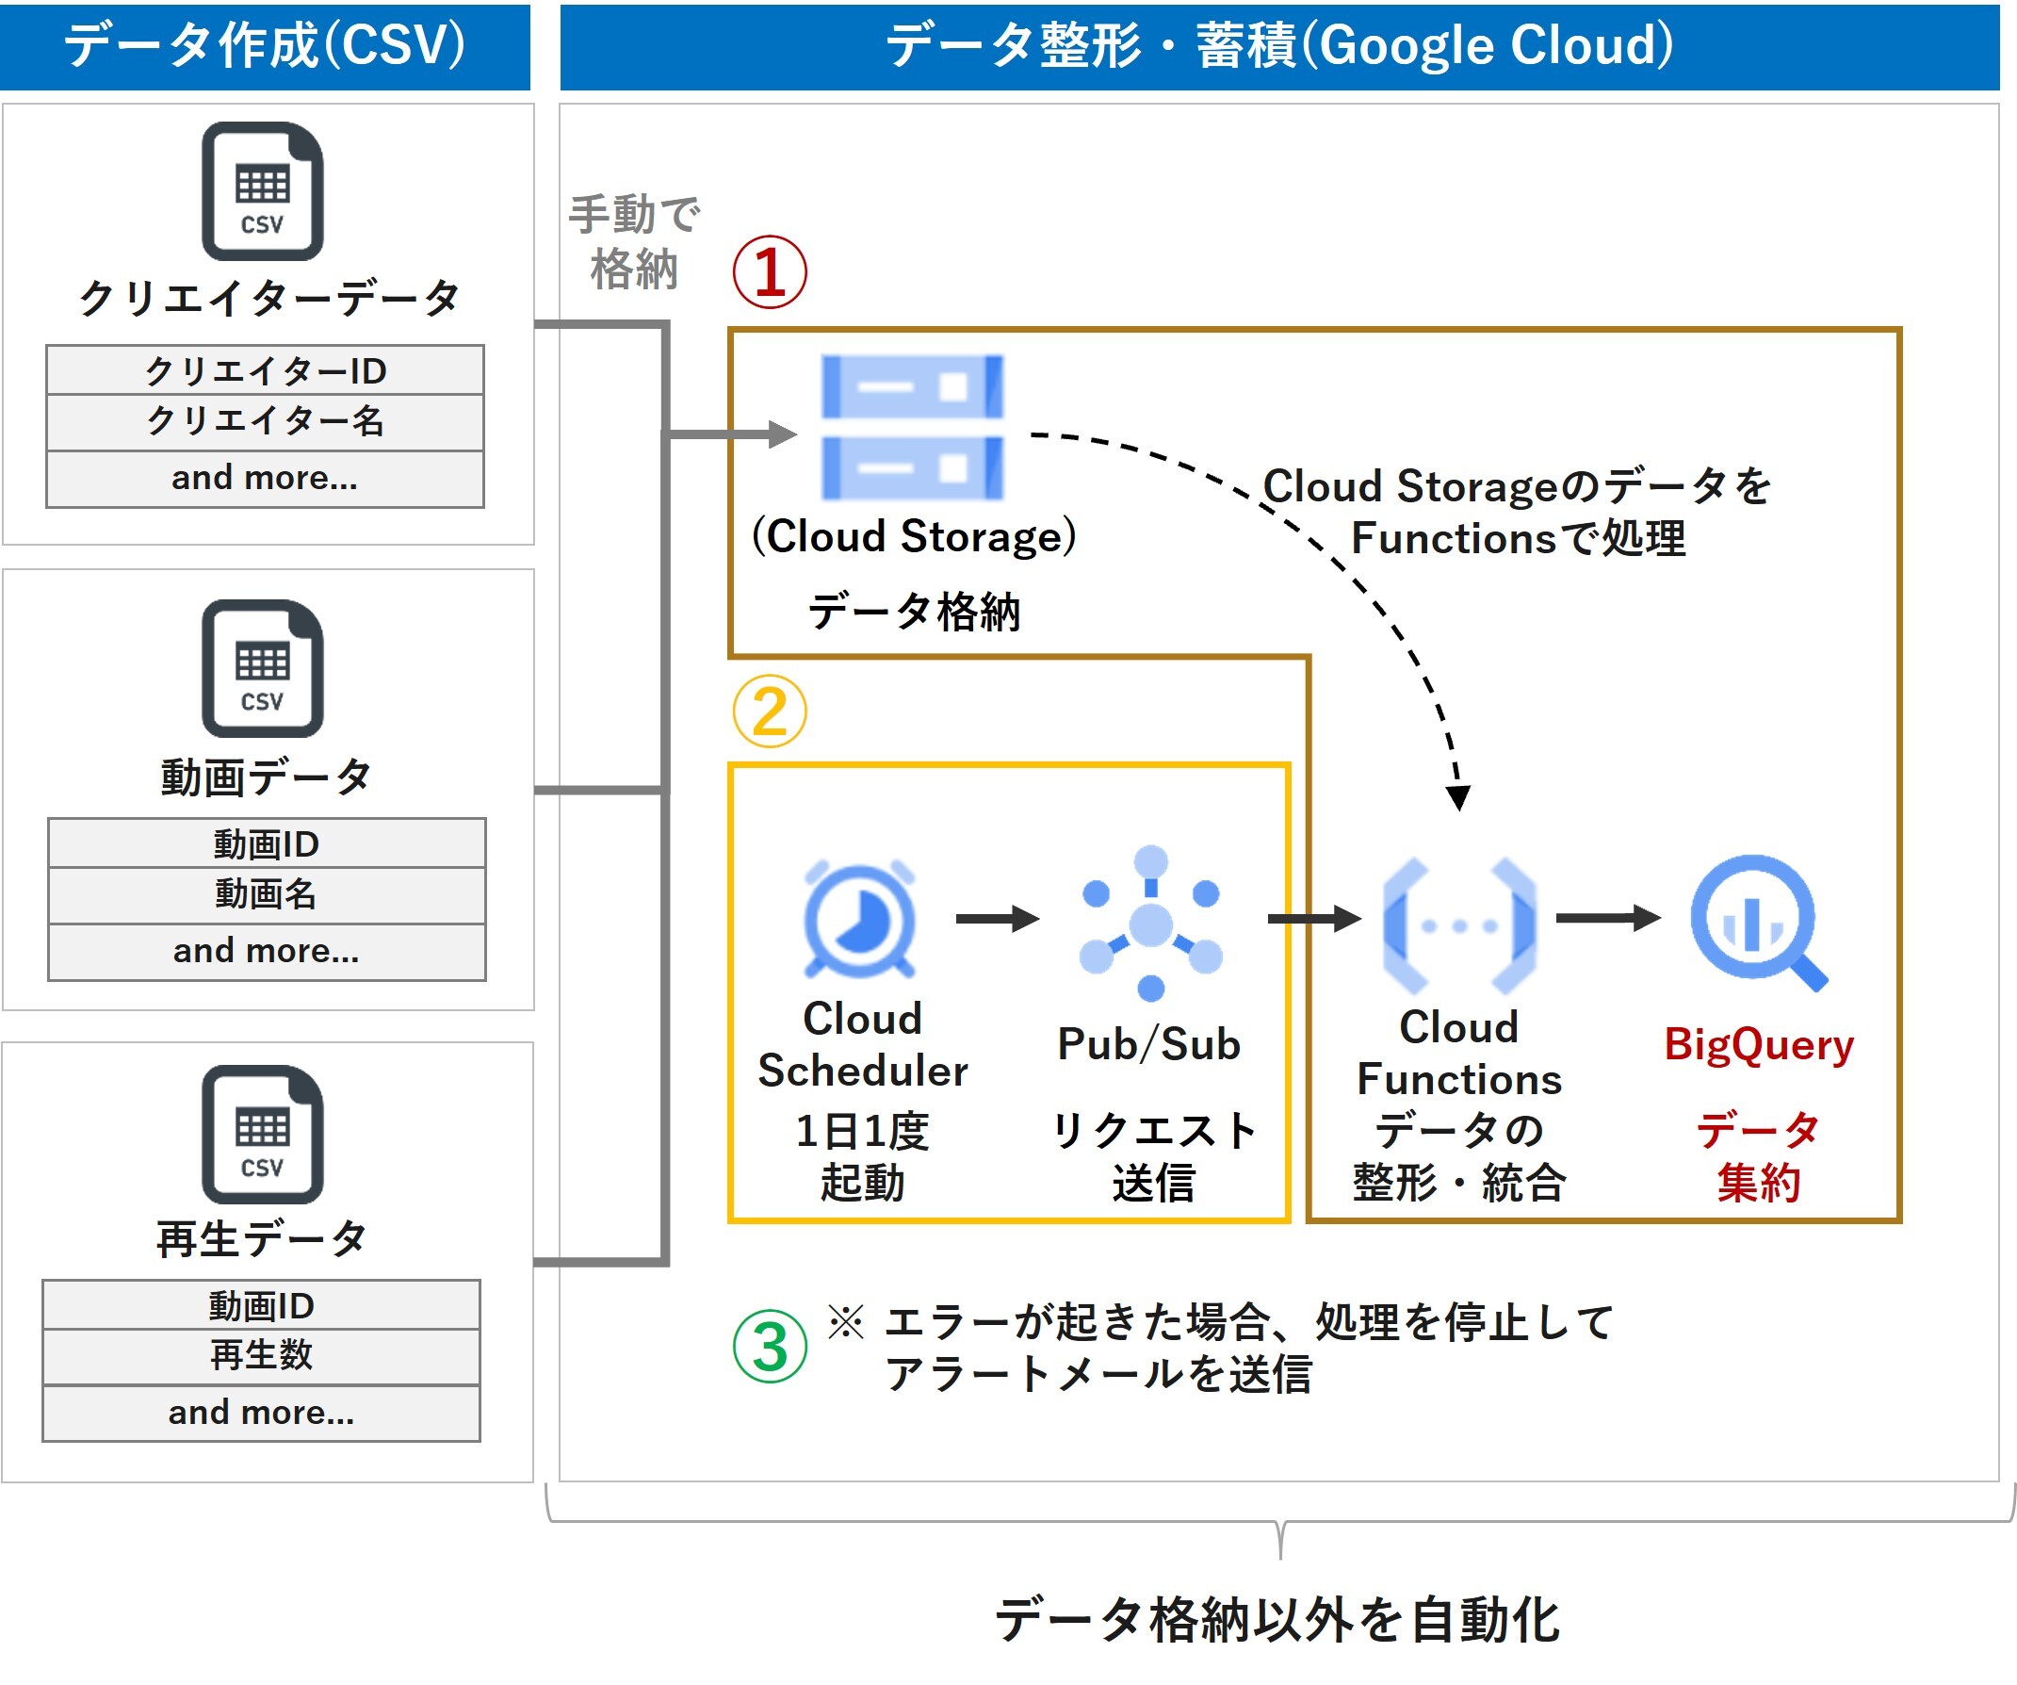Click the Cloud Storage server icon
pos(912,428)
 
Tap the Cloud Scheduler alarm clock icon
pos(860,920)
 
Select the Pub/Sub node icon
pos(1150,924)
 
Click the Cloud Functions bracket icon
pos(1459,926)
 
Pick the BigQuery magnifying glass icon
pos(1758,922)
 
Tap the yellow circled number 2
pos(770,712)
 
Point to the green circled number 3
pos(770,1347)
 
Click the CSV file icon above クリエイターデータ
pos(262,191)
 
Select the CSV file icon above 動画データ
pos(262,668)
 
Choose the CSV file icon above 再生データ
pos(262,1135)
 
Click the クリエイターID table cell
pos(265,370)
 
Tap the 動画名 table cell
pos(266,894)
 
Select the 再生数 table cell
pos(261,1355)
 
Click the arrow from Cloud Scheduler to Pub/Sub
pos(997,919)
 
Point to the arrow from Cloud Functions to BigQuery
pos(1608,919)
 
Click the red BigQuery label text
pos(1759,1044)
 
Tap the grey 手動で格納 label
pos(634,242)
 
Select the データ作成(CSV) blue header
pos(265,46)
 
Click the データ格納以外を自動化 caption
pos(1278,1620)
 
